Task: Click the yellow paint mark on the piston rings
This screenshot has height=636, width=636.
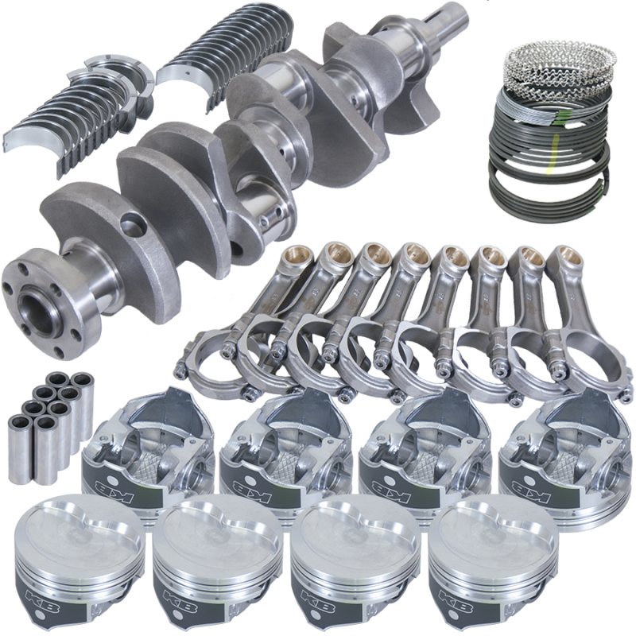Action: pyautogui.click(x=548, y=169)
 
